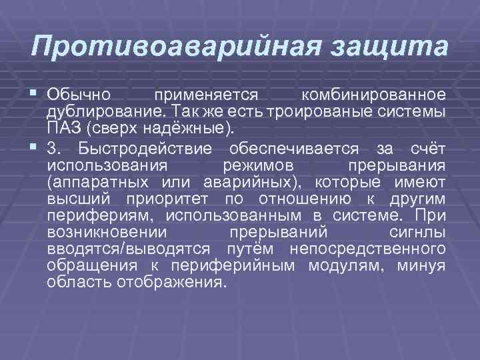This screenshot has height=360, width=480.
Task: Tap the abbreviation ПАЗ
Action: coord(63,127)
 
